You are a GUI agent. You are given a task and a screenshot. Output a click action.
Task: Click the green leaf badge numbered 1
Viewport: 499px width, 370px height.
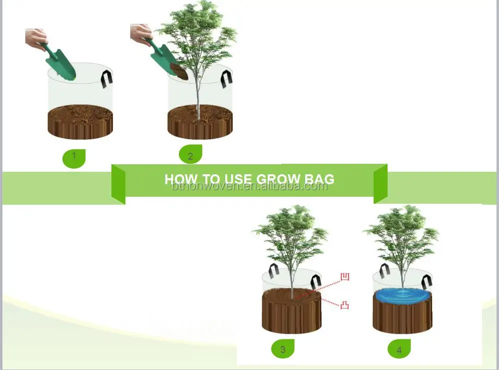74,158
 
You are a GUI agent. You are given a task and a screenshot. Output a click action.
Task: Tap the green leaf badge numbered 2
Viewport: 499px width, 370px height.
190,154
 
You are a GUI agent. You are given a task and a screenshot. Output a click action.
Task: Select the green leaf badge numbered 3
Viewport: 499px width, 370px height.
283,349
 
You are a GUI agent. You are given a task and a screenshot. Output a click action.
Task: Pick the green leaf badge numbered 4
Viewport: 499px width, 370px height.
399,349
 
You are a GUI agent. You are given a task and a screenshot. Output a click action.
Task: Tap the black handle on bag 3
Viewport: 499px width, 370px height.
273,271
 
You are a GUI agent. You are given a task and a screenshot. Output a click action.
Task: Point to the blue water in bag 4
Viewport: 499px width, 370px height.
402,295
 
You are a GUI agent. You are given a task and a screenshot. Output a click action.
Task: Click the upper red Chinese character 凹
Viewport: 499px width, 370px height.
344,277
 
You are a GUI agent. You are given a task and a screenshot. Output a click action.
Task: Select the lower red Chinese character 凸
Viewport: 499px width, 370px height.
344,304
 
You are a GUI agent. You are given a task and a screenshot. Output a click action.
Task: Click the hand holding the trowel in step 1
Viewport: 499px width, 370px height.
36,37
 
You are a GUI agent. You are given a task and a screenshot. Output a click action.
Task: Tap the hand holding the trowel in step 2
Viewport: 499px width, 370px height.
141,33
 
